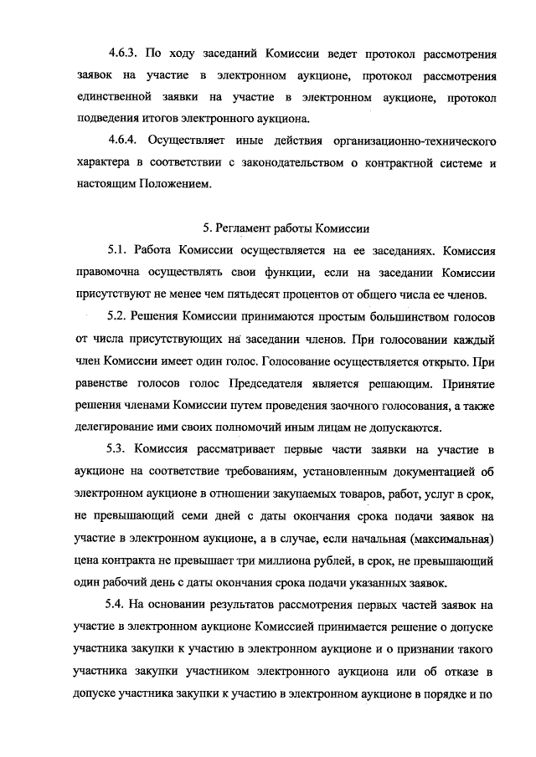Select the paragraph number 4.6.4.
coord(124,137)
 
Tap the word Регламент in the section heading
coord(245,227)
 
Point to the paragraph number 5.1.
coord(118,249)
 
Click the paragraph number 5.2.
coord(118,319)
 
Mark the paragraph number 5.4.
coord(118,604)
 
